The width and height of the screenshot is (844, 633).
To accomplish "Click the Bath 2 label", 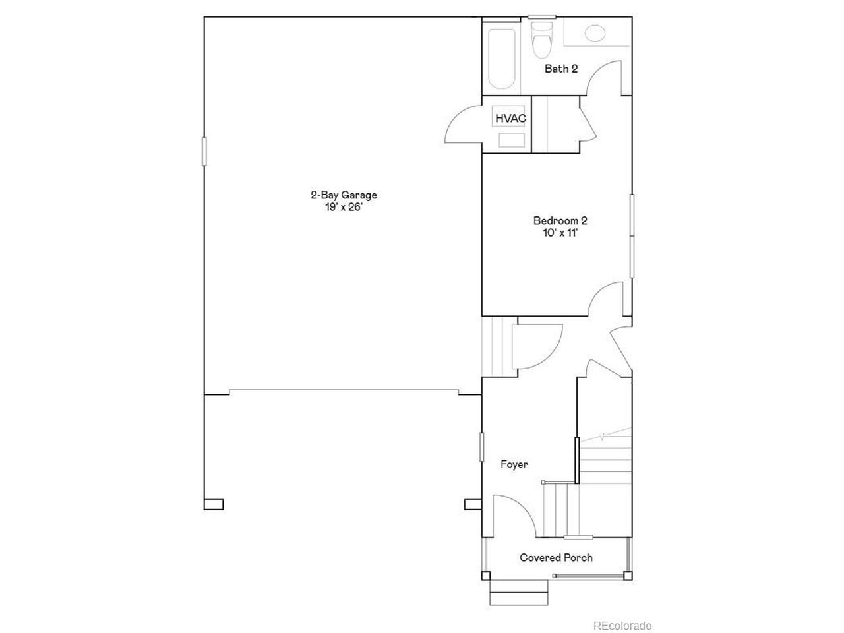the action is click(x=560, y=69).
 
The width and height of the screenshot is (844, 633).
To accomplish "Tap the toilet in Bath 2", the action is click(x=541, y=40).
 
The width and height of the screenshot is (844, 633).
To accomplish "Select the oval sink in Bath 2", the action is click(x=595, y=33).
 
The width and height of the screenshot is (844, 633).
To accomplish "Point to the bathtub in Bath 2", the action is click(x=501, y=59).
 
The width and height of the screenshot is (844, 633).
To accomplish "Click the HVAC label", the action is click(x=510, y=119).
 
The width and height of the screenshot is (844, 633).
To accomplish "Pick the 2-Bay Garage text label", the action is click(x=344, y=195).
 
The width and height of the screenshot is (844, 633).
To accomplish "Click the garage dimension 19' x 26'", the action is click(x=344, y=208).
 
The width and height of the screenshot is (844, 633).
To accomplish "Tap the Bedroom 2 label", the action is click(x=560, y=221).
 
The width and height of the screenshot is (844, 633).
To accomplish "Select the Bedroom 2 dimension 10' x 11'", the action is click(x=560, y=233).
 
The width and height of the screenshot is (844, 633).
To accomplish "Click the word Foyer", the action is click(x=514, y=465).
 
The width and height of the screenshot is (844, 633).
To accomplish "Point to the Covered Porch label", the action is click(x=556, y=558).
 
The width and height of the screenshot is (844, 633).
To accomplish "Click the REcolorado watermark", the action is click(x=622, y=626).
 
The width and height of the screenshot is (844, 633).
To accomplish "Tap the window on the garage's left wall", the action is click(x=204, y=152).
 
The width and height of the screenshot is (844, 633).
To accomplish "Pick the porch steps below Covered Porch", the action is click(x=519, y=592).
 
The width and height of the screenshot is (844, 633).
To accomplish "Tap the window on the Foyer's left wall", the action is click(x=481, y=446).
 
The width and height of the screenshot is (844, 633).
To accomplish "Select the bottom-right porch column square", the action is click(x=627, y=576).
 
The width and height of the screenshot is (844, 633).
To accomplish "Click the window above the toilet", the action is click(x=542, y=17).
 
